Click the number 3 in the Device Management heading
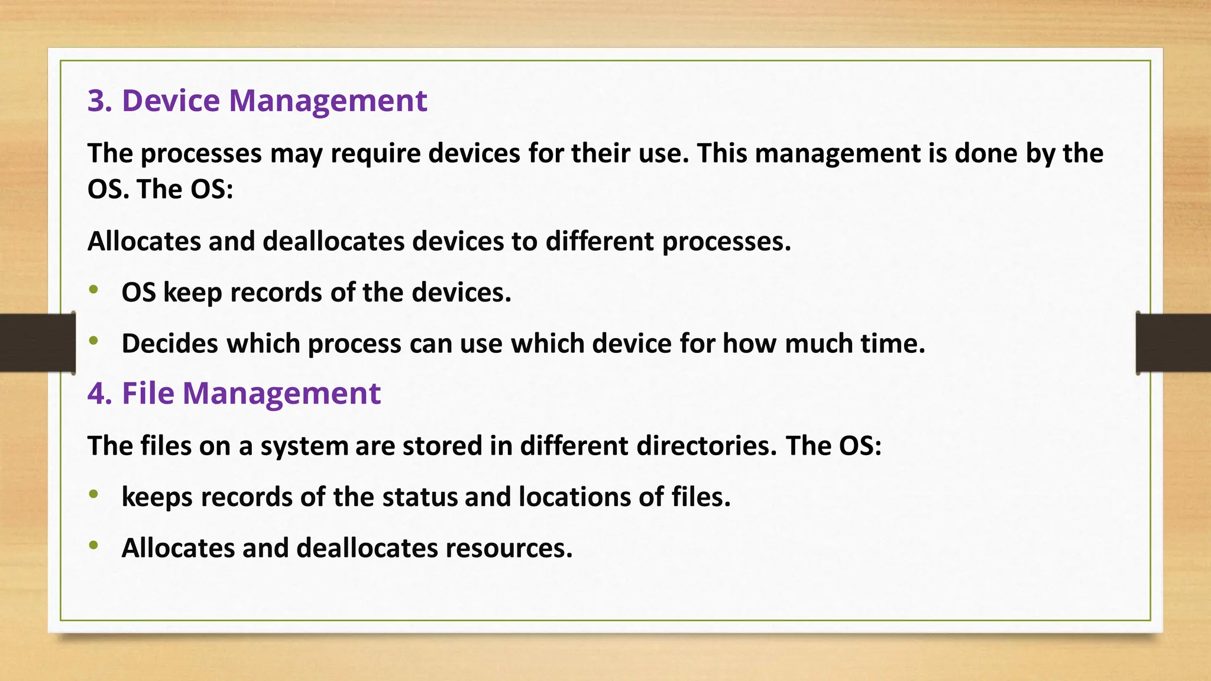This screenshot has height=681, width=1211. (98, 100)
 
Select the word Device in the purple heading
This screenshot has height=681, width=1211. (171, 100)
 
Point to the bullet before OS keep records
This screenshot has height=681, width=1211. (93, 290)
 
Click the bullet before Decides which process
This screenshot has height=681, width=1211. (93, 340)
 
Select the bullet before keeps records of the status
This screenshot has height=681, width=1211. (93, 494)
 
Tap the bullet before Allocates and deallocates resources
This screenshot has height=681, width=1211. (93, 545)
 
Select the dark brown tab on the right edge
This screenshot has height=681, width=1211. (1173, 343)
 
